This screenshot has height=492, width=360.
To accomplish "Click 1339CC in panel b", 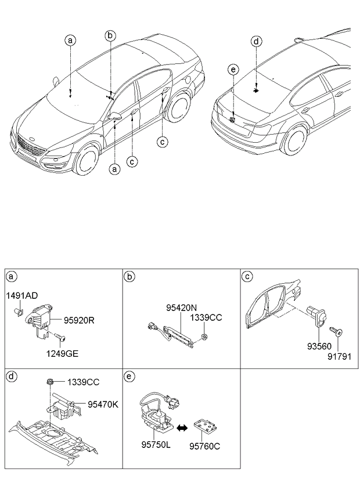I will point(206,318).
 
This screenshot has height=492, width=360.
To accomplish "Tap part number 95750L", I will point(155,446).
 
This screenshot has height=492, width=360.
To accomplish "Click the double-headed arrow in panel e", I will point(181,428).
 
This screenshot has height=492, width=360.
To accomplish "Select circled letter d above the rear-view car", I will point(256,42).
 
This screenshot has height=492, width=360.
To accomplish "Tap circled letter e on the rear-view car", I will point(232,71).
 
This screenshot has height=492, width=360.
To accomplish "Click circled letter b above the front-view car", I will point(110,36).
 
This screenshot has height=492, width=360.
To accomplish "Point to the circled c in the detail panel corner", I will point(247,276).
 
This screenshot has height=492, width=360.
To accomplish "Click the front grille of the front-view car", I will point(33,145).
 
